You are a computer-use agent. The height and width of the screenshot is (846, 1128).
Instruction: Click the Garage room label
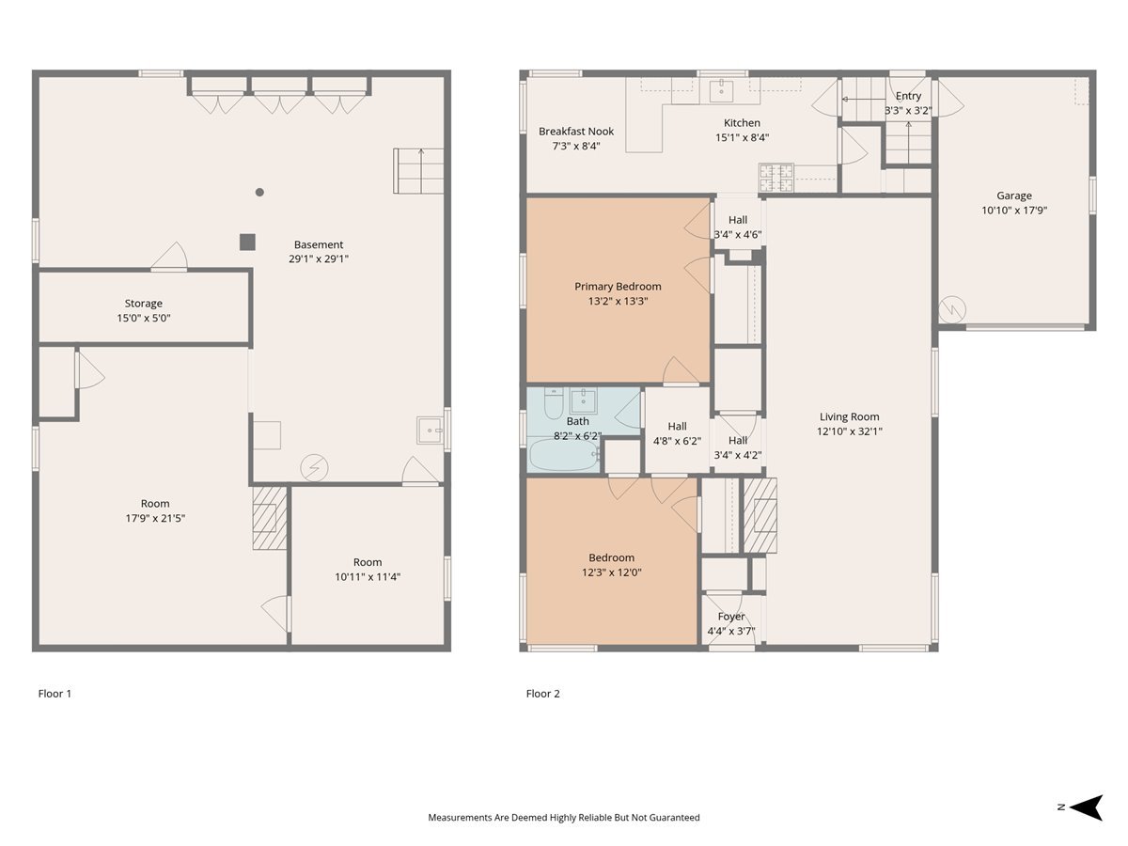[1013, 196]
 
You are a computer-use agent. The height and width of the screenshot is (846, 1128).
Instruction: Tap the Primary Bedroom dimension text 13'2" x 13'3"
[618, 301]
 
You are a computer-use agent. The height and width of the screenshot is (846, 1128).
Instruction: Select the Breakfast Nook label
[576, 132]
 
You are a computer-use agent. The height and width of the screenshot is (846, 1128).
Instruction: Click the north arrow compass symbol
[1087, 807]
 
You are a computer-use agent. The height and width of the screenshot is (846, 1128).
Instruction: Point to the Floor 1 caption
[55, 694]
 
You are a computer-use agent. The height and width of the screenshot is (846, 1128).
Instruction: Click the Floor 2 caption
[542, 694]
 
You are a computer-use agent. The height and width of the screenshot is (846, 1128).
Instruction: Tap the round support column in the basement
[259, 192]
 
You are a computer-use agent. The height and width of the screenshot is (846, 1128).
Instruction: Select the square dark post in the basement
[248, 242]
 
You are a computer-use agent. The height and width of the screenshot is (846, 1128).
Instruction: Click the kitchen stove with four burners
[776, 178]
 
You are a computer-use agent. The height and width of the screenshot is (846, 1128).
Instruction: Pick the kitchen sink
[722, 91]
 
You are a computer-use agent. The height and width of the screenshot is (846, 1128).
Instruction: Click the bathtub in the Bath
[564, 454]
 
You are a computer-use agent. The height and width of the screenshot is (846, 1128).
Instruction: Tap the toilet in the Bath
[554, 404]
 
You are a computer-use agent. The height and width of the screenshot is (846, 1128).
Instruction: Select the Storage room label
[144, 304]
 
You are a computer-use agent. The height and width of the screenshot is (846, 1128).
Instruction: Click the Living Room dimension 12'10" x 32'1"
[850, 431]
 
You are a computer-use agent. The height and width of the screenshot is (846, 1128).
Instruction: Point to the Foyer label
[731, 617]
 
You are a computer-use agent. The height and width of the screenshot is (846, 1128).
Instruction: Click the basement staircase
[418, 171]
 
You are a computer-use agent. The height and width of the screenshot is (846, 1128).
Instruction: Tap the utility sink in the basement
[430, 430]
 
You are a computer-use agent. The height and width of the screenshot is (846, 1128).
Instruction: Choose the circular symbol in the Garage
[951, 310]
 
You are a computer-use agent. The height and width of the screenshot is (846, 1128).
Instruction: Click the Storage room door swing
[169, 256]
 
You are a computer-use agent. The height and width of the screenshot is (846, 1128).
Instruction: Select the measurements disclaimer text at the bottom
[564, 817]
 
